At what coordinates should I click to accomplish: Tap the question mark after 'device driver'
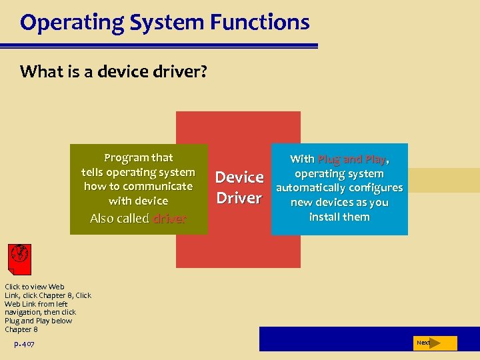point(203,71)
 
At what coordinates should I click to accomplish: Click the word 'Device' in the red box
point(239,177)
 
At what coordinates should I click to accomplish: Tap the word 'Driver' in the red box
point(239,198)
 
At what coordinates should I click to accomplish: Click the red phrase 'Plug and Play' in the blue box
point(351,159)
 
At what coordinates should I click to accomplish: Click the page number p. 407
point(24,344)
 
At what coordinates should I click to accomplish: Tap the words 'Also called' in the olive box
point(119,219)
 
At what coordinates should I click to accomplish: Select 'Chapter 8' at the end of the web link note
point(21,329)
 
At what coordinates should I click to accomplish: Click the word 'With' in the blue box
point(302,159)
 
